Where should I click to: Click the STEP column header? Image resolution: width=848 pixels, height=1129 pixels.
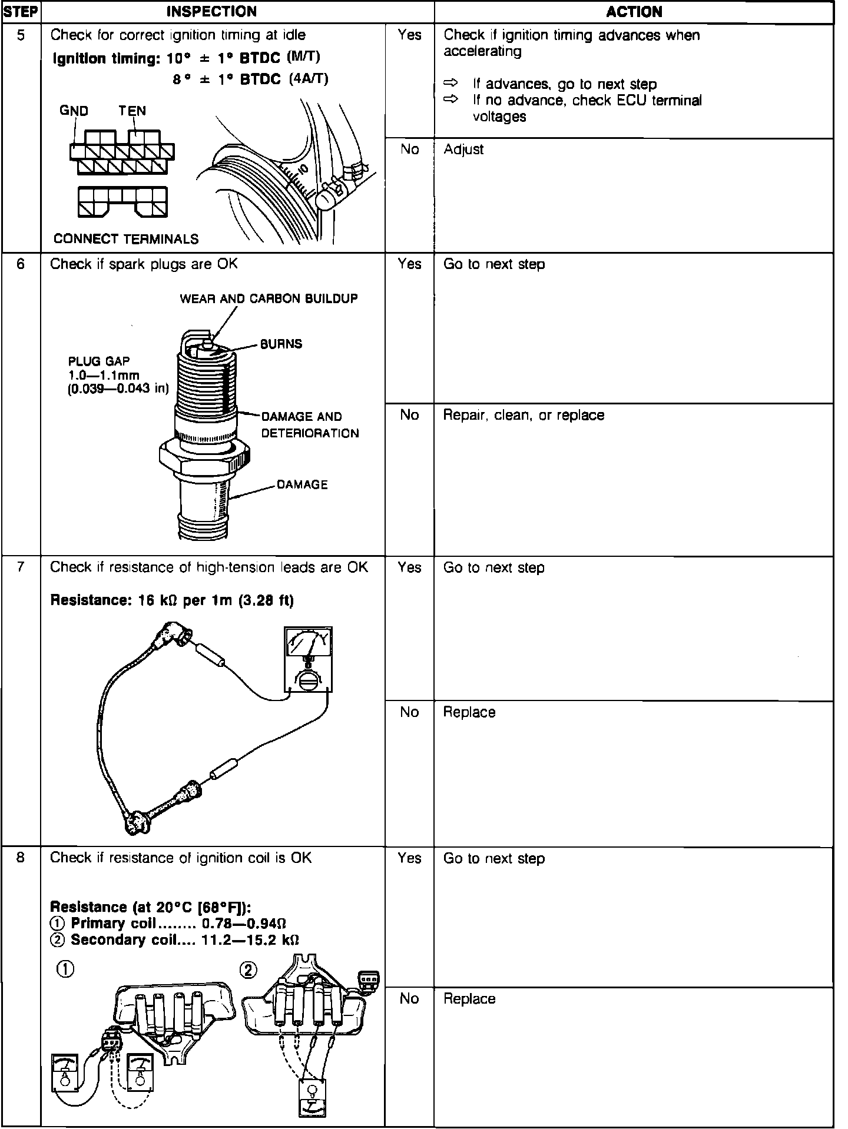coord(21,12)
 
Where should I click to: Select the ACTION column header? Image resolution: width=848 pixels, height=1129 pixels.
coord(634,12)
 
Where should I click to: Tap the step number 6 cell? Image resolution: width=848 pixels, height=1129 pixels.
coord(21,264)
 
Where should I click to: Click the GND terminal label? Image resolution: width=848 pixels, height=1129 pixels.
coord(74,111)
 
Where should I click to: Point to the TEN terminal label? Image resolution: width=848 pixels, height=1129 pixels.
coord(132,111)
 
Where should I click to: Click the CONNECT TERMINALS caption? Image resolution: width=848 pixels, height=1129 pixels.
coord(126,239)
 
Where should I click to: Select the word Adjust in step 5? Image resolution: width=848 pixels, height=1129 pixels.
coord(463,150)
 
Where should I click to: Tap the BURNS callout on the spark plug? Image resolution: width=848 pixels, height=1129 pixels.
coord(281,344)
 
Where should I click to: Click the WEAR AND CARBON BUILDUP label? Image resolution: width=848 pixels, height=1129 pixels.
coord(269,298)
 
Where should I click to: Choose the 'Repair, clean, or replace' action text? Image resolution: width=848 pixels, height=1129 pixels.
coord(524,416)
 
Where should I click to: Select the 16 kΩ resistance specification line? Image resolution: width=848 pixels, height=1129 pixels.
coord(171,600)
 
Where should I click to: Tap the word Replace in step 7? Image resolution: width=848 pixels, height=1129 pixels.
coord(469,712)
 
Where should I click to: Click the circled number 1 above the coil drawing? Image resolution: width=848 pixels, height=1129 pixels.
coord(65,969)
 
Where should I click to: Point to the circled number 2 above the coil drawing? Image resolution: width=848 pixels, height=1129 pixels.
coord(249,969)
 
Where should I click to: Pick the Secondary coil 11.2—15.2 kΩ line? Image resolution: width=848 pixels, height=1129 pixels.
coord(175,939)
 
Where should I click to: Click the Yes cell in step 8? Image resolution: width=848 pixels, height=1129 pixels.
coord(409,859)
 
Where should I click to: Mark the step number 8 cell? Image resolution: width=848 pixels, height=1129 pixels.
coord(21,858)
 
